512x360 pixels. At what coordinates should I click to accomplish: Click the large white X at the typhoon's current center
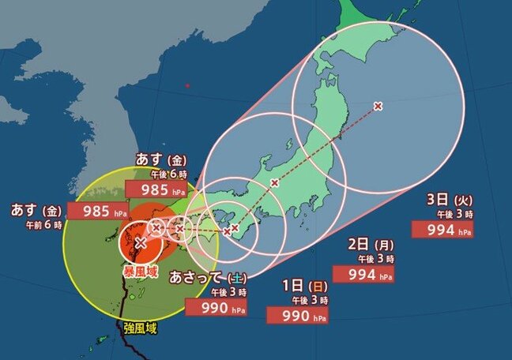141,242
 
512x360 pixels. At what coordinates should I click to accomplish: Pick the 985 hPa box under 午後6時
160,190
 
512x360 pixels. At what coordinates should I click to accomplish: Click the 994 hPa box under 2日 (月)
364,273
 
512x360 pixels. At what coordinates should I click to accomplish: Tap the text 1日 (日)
303,285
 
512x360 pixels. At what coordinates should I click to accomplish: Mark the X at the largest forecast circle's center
378,106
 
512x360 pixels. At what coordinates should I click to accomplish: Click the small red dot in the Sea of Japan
187,85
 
